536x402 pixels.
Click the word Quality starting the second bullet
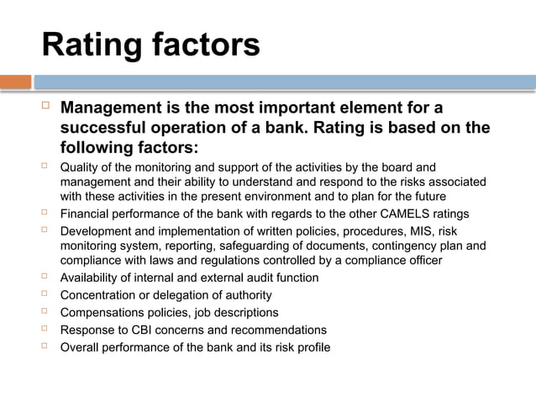tap(80, 167)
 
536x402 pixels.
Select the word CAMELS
tap(390, 213)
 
